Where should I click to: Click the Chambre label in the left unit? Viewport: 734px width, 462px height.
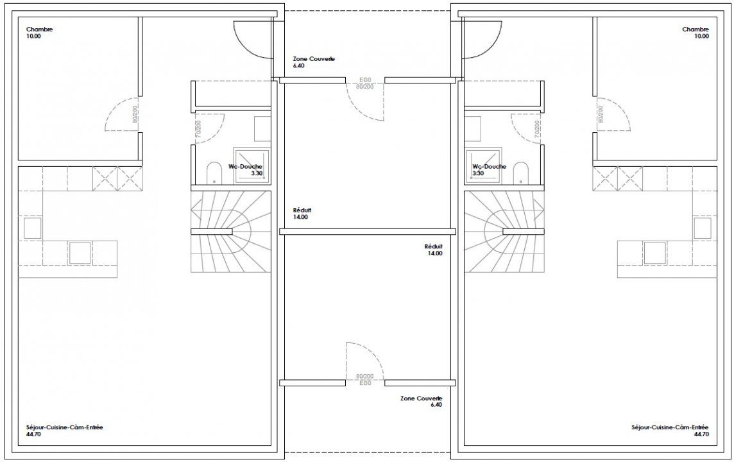coord(39,30)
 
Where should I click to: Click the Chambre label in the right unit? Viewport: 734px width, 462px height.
coord(696,30)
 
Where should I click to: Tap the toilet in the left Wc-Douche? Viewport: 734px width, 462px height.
coord(214,173)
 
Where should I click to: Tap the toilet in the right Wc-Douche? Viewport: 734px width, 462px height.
coord(520,173)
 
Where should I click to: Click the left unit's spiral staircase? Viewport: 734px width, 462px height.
coord(231,232)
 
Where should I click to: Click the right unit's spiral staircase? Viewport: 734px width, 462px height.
coord(504,232)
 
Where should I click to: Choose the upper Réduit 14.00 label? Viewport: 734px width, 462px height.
coord(302,214)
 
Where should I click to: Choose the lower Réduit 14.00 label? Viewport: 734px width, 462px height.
coord(434,250)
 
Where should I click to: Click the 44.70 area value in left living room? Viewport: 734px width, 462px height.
coord(33,434)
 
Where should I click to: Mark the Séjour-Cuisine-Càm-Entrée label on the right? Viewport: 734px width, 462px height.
coord(670,427)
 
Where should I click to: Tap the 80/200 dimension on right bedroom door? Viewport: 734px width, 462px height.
coord(601,114)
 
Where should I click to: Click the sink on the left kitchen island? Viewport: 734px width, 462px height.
coord(80,253)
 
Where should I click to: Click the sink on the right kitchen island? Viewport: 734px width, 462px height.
coord(655,253)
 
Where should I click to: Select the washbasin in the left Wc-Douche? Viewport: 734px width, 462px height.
coord(262,129)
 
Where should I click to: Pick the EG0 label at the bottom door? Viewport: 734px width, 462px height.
coord(365,383)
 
